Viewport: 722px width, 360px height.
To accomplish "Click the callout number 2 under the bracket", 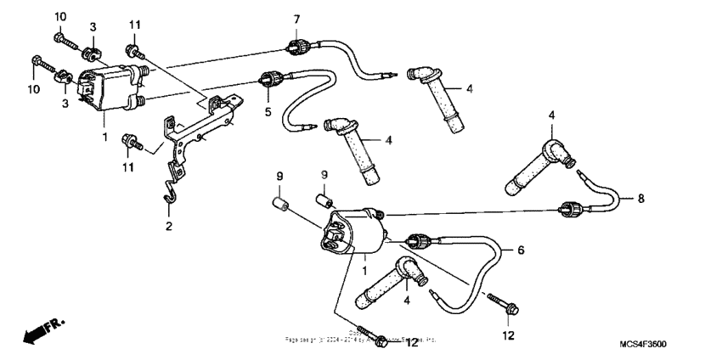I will point(167,227).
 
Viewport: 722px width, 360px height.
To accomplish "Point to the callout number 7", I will point(296,19).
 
